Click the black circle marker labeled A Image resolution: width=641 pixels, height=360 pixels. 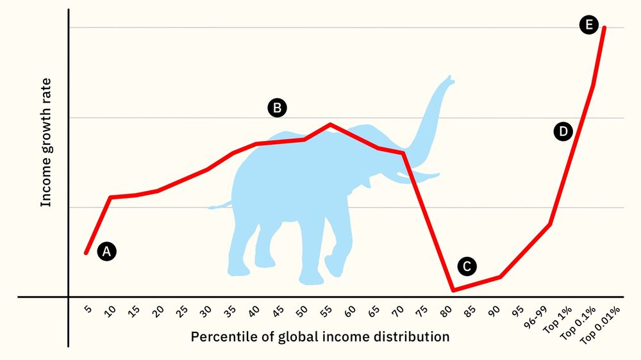pos(107,252)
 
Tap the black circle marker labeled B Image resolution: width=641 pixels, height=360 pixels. pos(277,108)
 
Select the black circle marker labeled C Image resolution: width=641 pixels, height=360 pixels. pos(467,266)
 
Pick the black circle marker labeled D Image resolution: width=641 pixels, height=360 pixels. pos(562,132)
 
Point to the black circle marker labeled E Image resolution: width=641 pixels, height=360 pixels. pos(588,25)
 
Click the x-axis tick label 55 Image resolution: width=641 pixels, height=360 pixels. pos(326,312)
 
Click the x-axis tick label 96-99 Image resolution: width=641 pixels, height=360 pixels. pos(534,316)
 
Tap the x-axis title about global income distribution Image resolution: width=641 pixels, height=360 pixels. pos(320,337)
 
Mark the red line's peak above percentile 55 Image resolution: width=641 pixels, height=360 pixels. pos(329,124)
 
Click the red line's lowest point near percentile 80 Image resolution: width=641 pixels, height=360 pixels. pos(453,290)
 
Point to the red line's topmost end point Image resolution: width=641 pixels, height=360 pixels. pos(604,28)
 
